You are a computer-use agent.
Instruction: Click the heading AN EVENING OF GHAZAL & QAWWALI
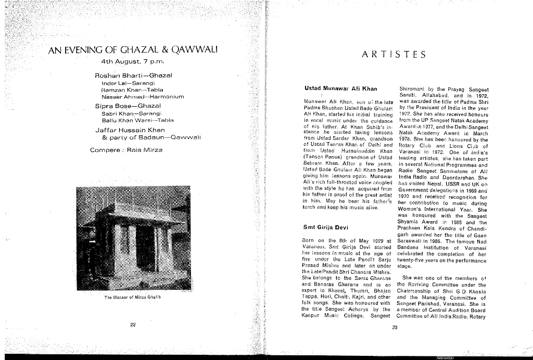(132, 50)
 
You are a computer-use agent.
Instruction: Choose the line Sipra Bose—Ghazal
(128, 106)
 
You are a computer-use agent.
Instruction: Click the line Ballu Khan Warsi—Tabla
(137, 120)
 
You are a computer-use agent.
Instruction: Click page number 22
(133, 325)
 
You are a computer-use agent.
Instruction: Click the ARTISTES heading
(394, 54)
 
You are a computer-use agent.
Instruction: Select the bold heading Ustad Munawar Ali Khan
(339, 89)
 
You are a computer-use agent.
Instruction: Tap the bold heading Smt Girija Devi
(327, 227)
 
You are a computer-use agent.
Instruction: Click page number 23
(394, 328)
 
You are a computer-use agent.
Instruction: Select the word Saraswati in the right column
(412, 242)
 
